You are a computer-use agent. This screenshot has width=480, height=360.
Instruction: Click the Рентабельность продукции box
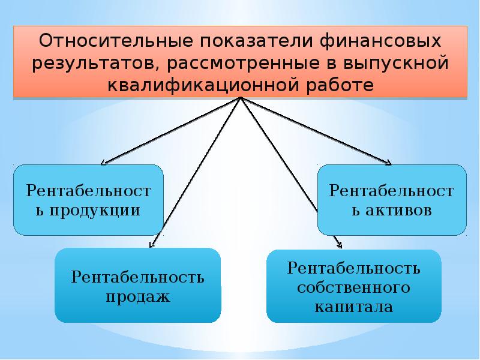coord(88,200)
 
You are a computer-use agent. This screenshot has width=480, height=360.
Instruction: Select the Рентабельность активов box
coord(392,200)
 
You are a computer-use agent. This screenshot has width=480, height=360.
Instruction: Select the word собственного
coord(354,287)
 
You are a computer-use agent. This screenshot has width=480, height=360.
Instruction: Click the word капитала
coord(354,307)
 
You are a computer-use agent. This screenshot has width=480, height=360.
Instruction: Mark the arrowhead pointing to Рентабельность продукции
coord(103,162)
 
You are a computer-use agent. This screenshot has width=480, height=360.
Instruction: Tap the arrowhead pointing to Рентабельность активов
coord(388,162)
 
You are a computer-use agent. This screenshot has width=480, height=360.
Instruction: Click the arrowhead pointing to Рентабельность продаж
coord(151,244)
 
